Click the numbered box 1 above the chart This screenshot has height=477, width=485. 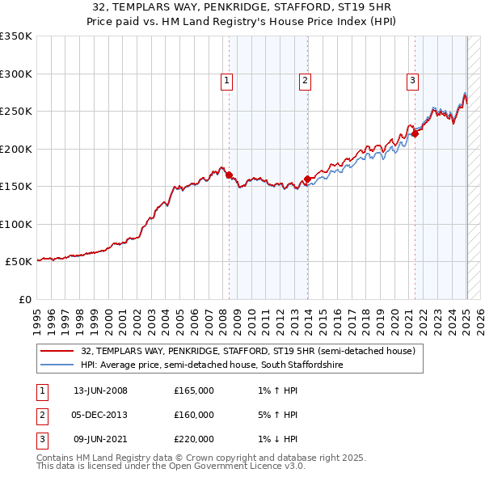coord(226,80)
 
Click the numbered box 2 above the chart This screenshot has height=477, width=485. coord(305,80)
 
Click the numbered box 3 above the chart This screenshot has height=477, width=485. coord(412,80)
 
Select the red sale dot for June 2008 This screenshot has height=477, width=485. coord(229,175)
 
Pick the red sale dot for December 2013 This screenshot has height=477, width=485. coord(308,179)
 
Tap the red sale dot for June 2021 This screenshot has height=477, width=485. coord(415,133)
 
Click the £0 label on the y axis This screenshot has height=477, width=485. coord(24,299)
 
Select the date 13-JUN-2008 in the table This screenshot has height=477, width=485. coord(100,390)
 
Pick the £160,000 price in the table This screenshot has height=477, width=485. coord(194,415)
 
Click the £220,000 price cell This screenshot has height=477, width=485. coord(194,439)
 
